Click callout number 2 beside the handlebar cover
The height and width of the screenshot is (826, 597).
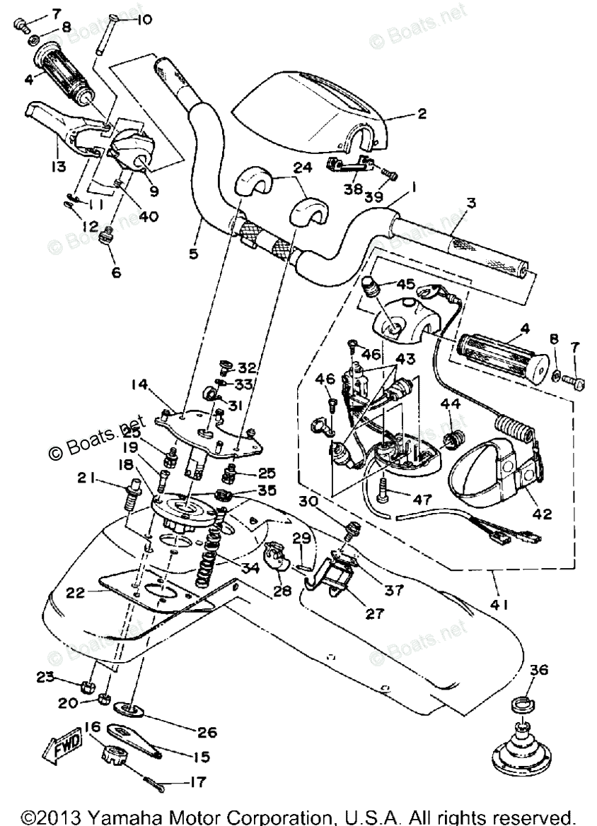pyautogui.click(x=422, y=114)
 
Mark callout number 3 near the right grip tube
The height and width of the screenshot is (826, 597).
pyautogui.click(x=470, y=203)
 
